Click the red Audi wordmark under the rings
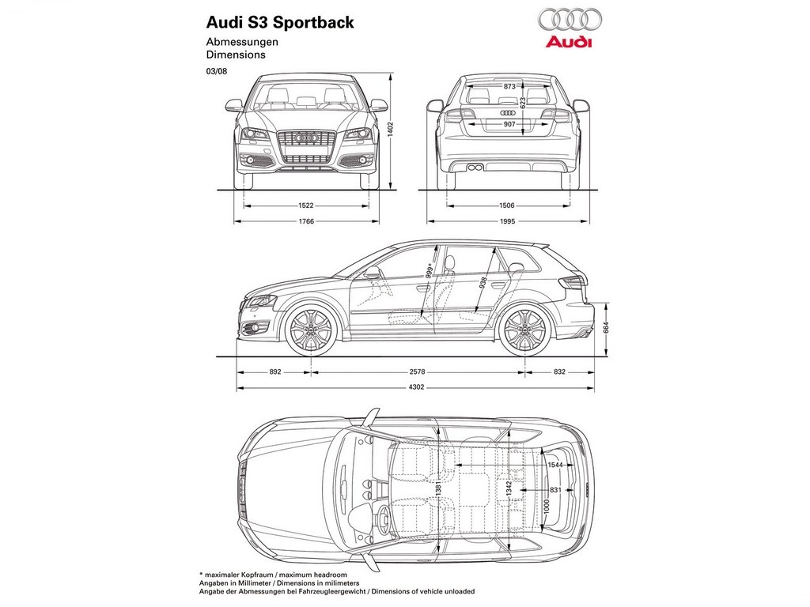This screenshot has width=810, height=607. [568, 42]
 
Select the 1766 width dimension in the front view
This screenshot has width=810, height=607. [306, 221]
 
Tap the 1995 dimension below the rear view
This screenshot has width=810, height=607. [507, 221]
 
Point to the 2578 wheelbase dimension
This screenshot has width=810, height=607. [417, 371]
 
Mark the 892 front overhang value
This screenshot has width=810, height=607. [275, 371]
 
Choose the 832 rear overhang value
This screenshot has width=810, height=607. [559, 371]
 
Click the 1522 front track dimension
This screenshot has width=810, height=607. [306, 205]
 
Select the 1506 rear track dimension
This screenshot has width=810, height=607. [507, 205]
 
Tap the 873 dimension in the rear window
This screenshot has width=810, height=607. [509, 87]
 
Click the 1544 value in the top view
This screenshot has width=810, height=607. [555, 465]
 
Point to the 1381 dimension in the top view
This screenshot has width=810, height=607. [438, 488]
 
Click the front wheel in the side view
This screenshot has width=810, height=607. [311, 330]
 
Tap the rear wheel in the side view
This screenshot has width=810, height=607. [525, 330]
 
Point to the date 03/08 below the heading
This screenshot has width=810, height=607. [217, 71]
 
